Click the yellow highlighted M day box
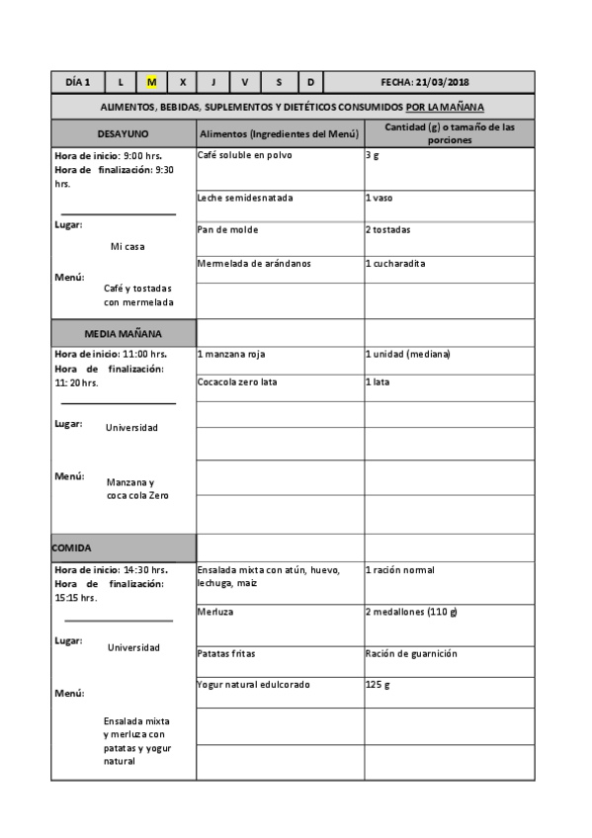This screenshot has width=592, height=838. point(151,82)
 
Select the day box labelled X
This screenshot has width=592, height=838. point(182,82)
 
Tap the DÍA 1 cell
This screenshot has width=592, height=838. point(78,82)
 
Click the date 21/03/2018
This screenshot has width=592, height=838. point(458,82)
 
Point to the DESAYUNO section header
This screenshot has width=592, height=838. point(124,133)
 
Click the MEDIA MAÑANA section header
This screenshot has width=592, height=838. point(124,333)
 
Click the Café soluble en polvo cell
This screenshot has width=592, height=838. point(245,155)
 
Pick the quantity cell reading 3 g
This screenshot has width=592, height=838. point(372,155)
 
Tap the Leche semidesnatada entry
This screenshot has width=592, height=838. point(245,198)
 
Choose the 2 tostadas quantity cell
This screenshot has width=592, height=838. point(387,229)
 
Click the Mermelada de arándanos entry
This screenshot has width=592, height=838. point(254,263)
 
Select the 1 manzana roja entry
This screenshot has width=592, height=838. point(231,353)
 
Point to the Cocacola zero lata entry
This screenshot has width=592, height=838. point(237,381)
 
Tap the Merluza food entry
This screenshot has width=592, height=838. point(215,612)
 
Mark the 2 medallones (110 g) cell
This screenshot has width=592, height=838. point(411,612)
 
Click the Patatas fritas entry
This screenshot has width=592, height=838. point(226,653)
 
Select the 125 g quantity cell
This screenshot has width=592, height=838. point(378,685)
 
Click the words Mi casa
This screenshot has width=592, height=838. point(127,247)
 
